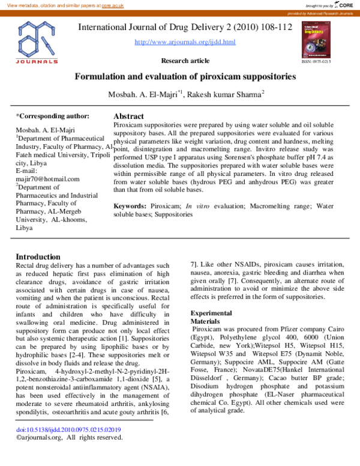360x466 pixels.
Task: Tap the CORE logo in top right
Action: (x=344, y=5)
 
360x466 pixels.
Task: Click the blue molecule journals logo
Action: (x=37, y=41)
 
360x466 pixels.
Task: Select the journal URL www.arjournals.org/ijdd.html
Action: (x=185, y=42)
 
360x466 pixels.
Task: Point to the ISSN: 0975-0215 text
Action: (x=315, y=61)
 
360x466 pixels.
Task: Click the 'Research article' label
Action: (x=185, y=61)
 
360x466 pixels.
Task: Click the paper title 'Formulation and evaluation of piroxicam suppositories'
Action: (x=185, y=77)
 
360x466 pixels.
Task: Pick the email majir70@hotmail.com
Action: (x=47, y=179)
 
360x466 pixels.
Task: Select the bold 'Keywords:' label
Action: (x=131, y=206)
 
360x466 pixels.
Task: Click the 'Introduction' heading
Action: (x=38, y=256)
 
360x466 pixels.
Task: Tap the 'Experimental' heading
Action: (x=211, y=313)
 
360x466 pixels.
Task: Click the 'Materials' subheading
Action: (x=206, y=321)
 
